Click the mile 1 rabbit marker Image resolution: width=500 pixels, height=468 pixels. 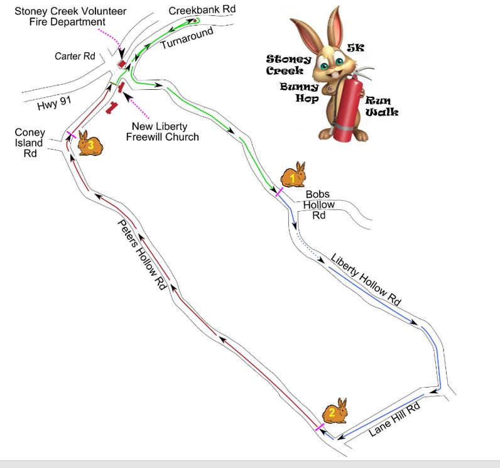[x=293, y=175]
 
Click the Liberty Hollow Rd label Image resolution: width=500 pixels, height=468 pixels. [x=366, y=279]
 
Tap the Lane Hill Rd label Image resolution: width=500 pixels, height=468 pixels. [x=394, y=418]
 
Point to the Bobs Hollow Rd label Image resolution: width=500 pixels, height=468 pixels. [x=318, y=205]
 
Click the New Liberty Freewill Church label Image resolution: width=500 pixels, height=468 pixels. [x=165, y=132]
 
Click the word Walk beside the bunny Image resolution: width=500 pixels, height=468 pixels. [x=384, y=112]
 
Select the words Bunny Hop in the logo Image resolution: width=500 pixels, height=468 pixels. [x=299, y=92]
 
